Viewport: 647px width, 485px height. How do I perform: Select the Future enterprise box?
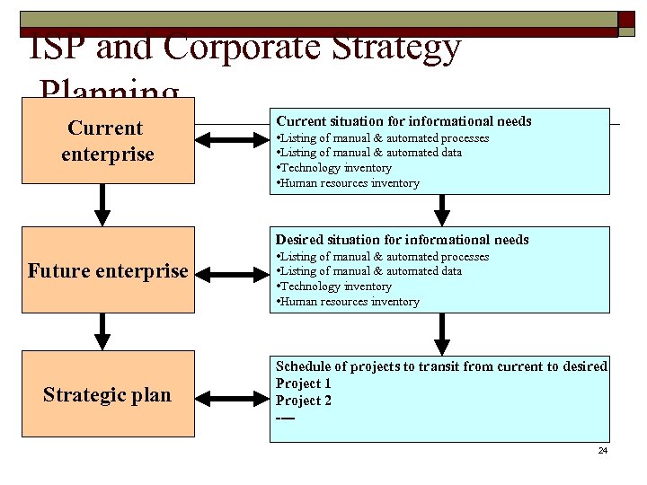click(108, 270)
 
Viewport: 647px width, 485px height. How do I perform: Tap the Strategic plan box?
click(108, 394)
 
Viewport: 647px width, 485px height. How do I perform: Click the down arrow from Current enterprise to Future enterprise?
click(103, 206)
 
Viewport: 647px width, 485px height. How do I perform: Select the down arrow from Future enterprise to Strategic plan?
click(103, 331)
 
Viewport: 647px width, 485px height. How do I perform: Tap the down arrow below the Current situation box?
click(441, 209)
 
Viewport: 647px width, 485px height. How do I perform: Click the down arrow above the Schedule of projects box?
click(441, 333)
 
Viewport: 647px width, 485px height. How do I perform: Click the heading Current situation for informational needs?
click(403, 120)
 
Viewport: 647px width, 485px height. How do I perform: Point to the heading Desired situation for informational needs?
click(402, 240)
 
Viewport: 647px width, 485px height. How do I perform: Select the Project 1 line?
click(303, 384)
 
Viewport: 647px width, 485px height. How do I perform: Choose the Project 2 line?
click(303, 401)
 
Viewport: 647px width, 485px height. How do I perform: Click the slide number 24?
click(603, 450)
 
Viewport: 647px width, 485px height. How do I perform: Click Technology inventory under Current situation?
click(334, 168)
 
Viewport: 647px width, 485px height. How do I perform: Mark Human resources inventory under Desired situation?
click(348, 302)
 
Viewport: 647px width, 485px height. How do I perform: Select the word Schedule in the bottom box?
click(304, 366)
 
